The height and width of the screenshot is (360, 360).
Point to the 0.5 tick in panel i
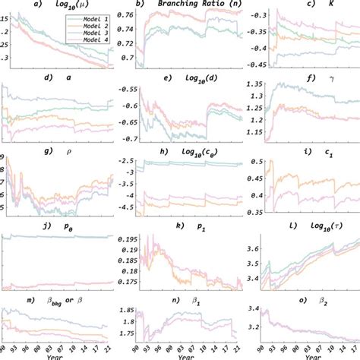click(x=257, y=162)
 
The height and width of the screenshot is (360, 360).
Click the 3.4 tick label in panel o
click(x=257, y=310)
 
